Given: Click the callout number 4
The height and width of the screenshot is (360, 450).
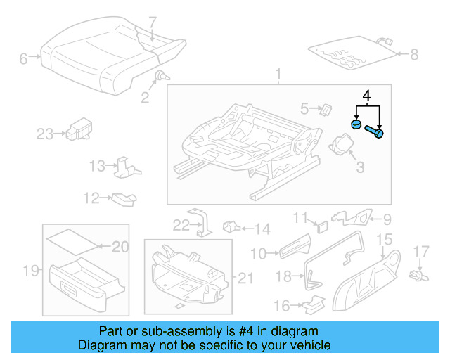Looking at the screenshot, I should [x=366, y=95].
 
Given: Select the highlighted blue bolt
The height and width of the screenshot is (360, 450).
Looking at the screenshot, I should [x=376, y=132].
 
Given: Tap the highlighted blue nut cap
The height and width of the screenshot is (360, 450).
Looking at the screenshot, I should [x=356, y=125].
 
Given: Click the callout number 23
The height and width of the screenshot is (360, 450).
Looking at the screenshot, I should [x=45, y=134].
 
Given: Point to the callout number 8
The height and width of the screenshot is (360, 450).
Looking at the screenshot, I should [x=413, y=53].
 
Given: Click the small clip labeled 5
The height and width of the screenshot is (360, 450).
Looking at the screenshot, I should [x=326, y=108].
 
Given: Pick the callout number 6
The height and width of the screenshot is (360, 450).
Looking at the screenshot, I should [x=23, y=59].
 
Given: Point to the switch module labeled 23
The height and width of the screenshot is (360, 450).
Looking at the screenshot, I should [x=77, y=130].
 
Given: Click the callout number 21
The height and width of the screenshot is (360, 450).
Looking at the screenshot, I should [x=244, y=279].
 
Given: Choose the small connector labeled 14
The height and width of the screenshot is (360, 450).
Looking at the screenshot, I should [x=231, y=226].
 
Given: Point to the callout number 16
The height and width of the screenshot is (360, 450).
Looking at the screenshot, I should [x=281, y=306].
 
